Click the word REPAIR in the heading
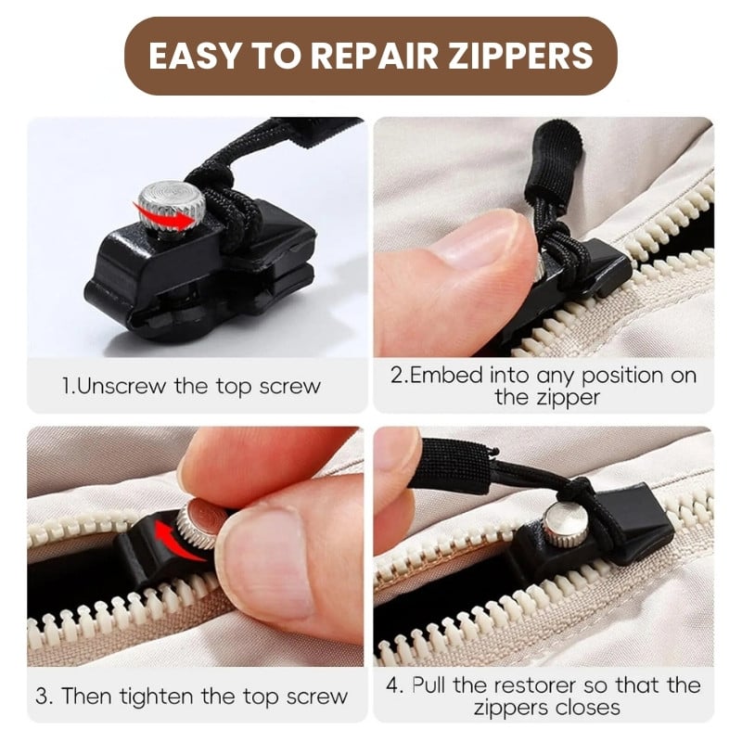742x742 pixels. point(374,56)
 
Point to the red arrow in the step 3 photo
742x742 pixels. point(176,541)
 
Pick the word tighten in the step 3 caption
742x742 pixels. point(156,697)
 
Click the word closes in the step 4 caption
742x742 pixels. point(588,708)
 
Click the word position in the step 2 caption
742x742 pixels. point(619,377)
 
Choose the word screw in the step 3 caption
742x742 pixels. point(317,697)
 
